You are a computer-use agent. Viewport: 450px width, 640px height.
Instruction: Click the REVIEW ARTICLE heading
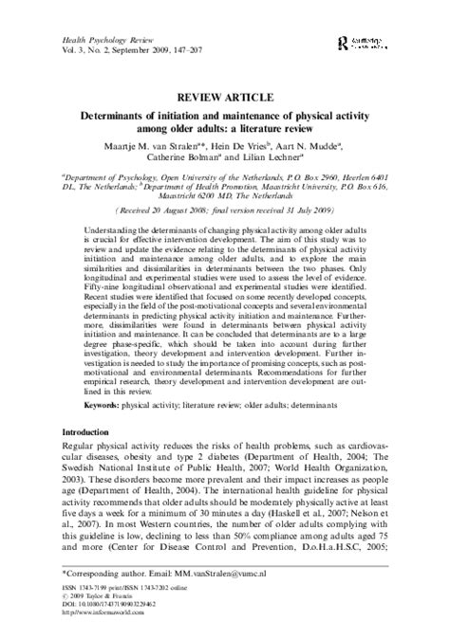(225, 98)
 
